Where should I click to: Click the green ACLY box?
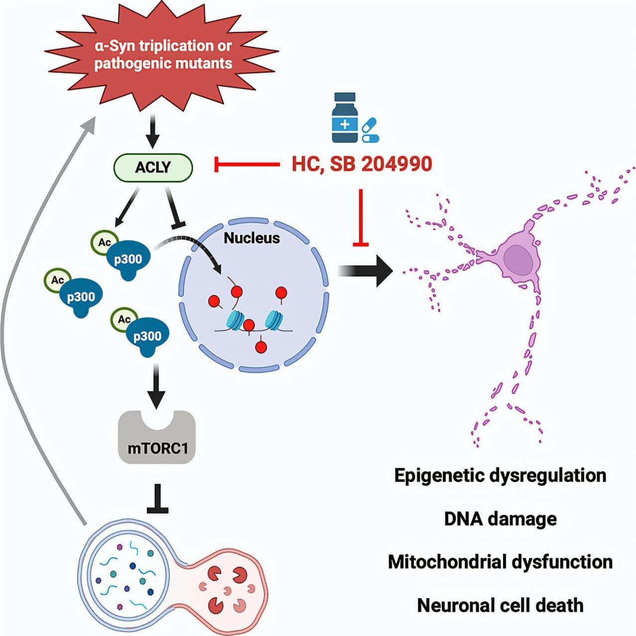coord(153,167)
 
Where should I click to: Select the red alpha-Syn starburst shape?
coord(162,55)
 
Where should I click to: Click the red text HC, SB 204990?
coord(362,164)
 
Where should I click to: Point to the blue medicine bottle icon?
coord(345,118)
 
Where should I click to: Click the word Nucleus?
coord(252,238)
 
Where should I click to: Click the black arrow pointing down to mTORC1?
coord(157,388)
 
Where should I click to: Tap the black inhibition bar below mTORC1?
coord(157,499)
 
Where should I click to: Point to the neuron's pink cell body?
coord(518,259)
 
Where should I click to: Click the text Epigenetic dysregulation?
coord(500,475)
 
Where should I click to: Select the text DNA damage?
coord(500,518)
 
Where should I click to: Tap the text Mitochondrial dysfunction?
coord(500,562)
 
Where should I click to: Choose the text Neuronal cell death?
coord(500,605)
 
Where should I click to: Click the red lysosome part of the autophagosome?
coord(229,588)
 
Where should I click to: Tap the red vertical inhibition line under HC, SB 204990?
coord(361,217)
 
